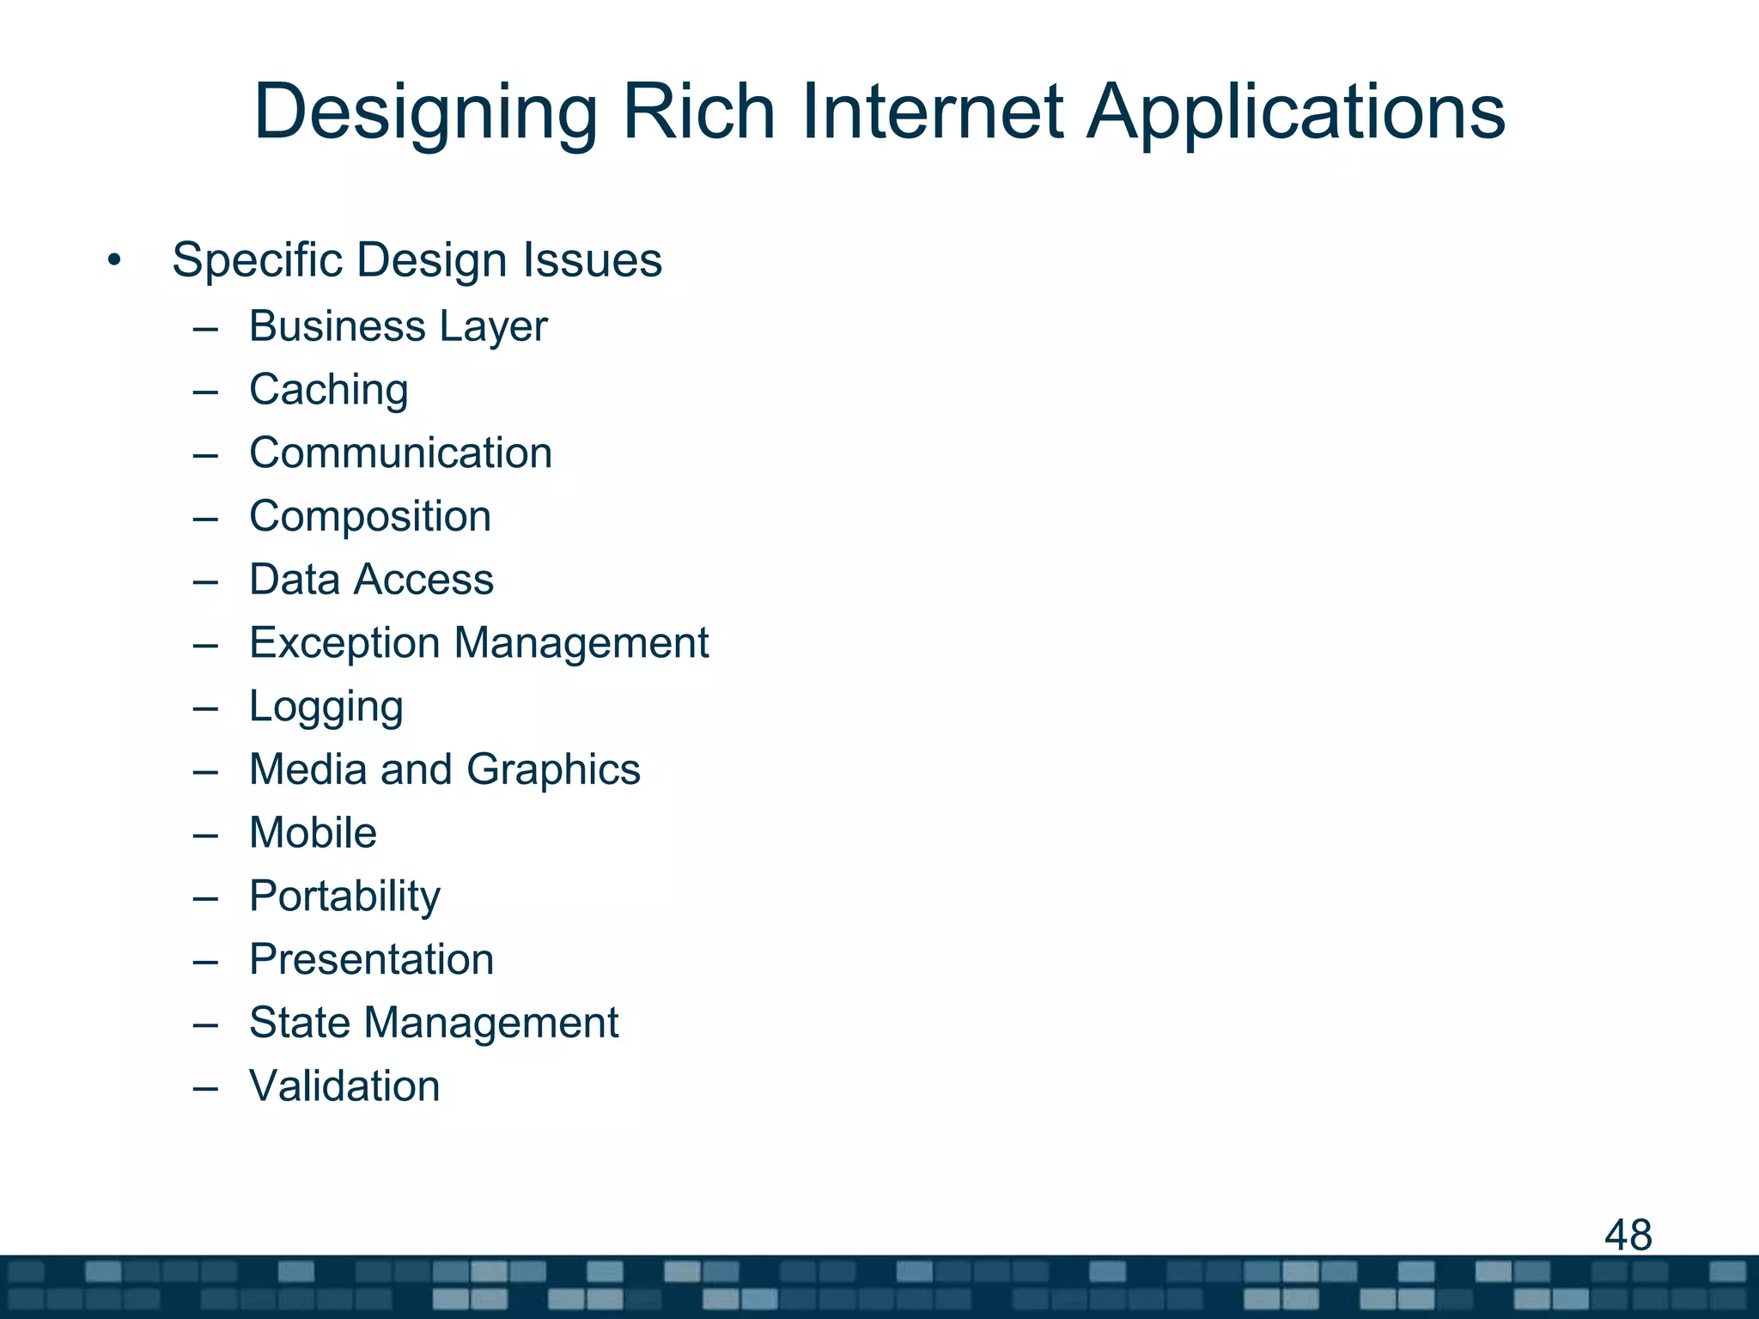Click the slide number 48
pos(1628,1235)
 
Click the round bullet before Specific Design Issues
pos(114,259)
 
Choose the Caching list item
pos(328,391)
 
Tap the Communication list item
pos(400,453)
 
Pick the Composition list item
pos(370,517)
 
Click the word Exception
pos(344,644)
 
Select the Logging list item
pos(326,708)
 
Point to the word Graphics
pos(554,769)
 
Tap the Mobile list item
pos(313,833)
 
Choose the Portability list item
pos(344,897)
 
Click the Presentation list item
pos(371,959)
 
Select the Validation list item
pos(344,1086)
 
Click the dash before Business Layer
pos(205,327)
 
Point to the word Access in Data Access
pos(424,580)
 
